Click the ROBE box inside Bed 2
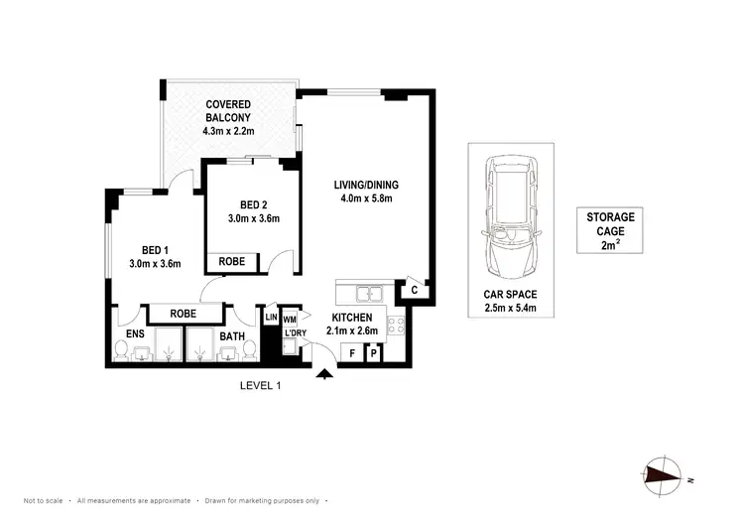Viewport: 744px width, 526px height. [x=232, y=262]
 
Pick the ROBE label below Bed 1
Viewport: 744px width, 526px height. [x=183, y=313]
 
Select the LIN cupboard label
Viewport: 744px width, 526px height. [x=271, y=317]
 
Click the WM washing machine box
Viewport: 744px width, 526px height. [x=290, y=320]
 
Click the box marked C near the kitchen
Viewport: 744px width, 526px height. [x=414, y=291]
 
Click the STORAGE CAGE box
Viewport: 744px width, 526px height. [x=609, y=230]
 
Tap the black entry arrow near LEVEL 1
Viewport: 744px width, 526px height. [x=324, y=374]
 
